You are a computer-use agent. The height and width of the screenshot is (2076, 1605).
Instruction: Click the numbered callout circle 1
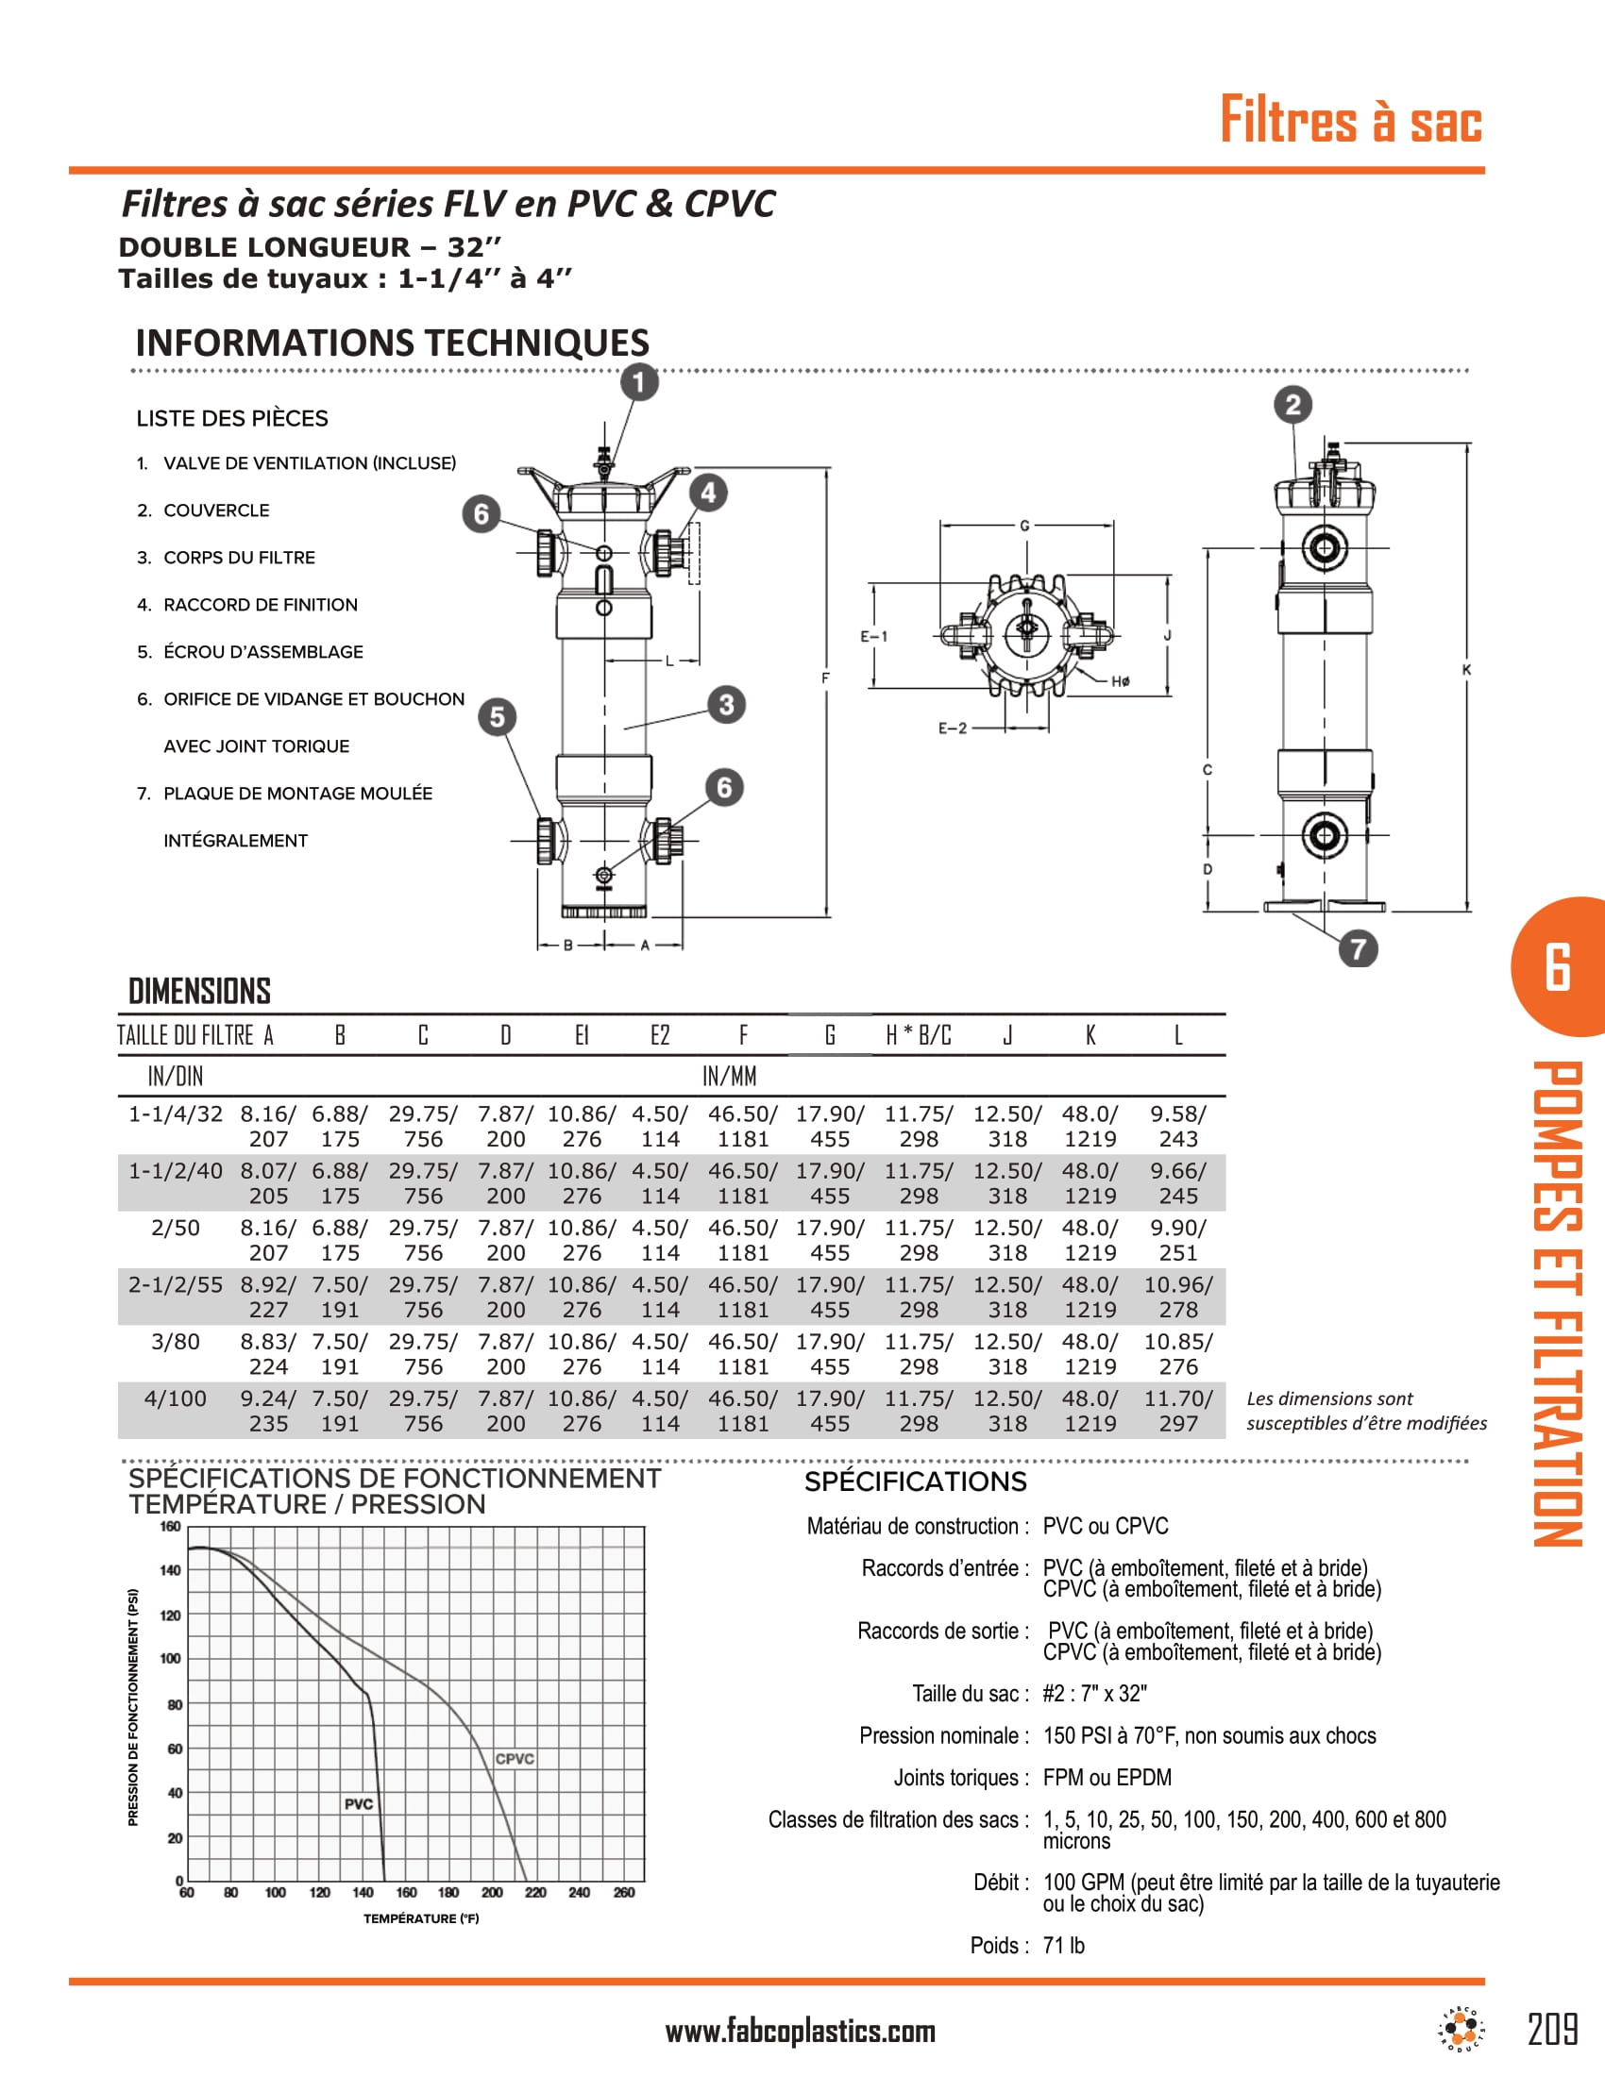(x=639, y=382)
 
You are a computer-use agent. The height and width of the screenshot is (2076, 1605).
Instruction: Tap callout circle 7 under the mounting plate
(x=1358, y=948)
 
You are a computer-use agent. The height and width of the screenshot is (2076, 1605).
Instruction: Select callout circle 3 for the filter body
(x=726, y=704)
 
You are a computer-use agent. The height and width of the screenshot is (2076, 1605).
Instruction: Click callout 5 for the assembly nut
(x=497, y=717)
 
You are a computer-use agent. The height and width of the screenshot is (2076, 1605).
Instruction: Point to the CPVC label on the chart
(x=515, y=1759)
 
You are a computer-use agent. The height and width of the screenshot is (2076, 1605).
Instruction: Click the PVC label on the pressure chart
(x=359, y=1804)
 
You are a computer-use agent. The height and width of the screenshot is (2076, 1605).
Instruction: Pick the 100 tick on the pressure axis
(x=170, y=1659)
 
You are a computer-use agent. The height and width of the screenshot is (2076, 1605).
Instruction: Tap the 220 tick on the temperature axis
(x=535, y=1893)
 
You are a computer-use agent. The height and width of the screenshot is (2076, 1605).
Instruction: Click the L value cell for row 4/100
(x=1178, y=1411)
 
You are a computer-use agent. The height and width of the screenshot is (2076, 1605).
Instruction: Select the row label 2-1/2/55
(x=176, y=1285)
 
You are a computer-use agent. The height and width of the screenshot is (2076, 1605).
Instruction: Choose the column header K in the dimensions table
(x=1090, y=1035)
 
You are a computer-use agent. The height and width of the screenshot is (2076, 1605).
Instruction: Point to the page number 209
(x=1553, y=2030)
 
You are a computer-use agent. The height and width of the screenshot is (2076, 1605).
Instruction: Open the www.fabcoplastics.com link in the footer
(x=800, y=2033)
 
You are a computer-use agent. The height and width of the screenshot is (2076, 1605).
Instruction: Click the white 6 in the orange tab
(x=1558, y=967)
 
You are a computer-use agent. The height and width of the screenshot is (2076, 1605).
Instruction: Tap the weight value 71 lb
(x=1063, y=1946)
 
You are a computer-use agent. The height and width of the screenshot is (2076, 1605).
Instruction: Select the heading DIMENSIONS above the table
(x=199, y=992)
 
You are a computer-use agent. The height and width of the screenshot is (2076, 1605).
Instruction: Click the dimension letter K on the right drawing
(x=1466, y=670)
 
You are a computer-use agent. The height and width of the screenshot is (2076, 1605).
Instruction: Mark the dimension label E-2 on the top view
(x=952, y=728)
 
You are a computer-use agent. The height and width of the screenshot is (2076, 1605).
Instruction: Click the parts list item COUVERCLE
(x=216, y=511)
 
